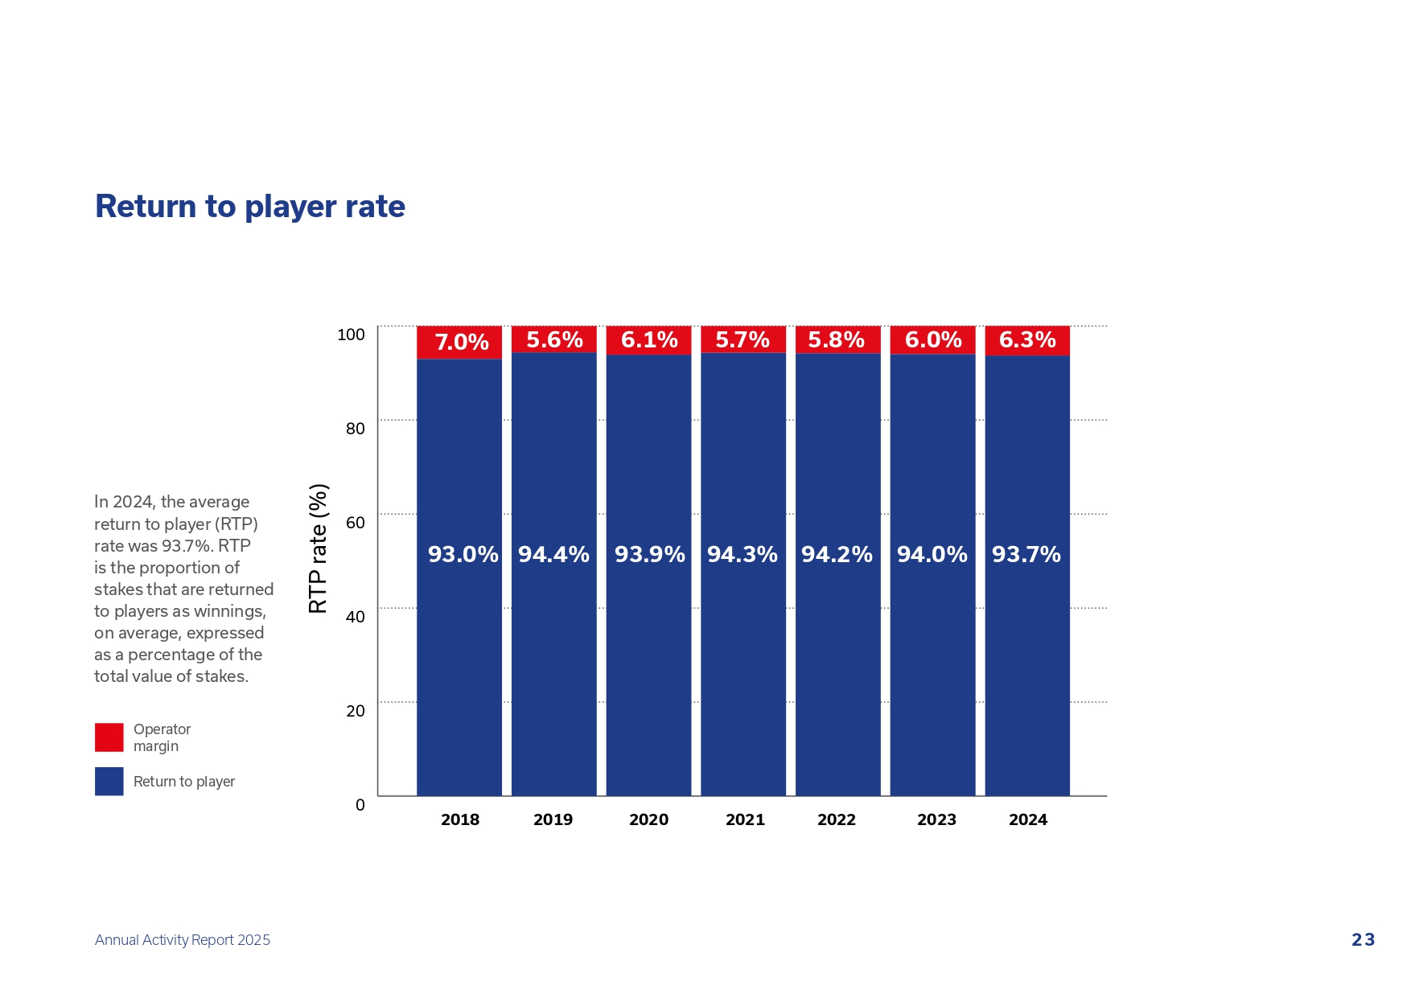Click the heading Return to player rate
[250, 207]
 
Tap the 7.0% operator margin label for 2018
[462, 343]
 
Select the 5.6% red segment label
[554, 340]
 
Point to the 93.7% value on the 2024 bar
[1026, 554]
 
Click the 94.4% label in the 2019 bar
[553, 554]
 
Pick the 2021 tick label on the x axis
[745, 819]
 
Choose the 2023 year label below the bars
[936, 819]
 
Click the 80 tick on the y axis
[356, 429]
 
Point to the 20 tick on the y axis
[356, 711]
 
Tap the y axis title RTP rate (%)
[319, 548]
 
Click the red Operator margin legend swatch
[109, 737]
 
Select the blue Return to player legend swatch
[109, 782]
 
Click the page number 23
[1363, 940]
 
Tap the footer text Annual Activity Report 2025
[183, 940]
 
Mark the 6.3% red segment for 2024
[1027, 340]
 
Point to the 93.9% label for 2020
[649, 554]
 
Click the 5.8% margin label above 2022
[837, 340]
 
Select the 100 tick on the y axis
[351, 335]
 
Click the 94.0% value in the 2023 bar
[932, 554]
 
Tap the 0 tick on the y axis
[360, 805]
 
